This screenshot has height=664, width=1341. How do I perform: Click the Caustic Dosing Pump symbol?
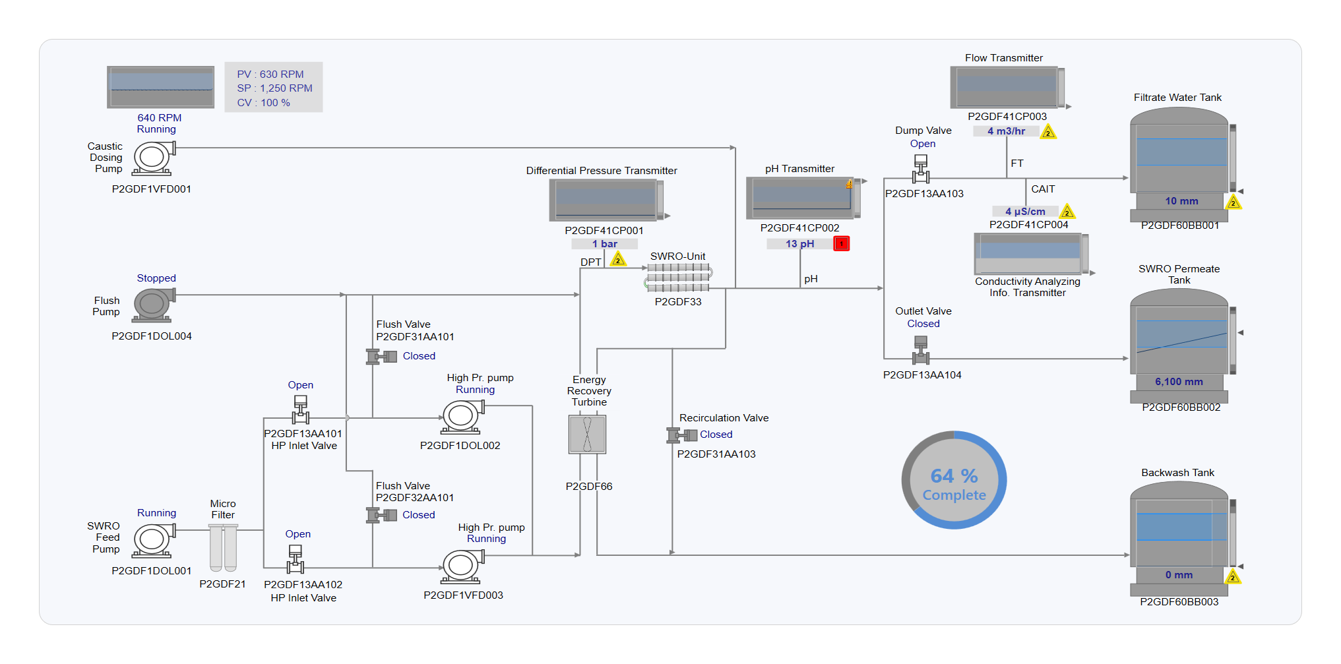(x=153, y=158)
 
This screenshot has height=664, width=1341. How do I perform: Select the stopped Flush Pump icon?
(x=153, y=305)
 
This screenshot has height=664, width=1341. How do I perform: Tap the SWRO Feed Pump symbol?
(x=153, y=540)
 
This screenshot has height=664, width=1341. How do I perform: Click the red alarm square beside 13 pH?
(x=841, y=244)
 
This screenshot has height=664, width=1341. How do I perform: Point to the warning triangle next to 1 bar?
(x=618, y=259)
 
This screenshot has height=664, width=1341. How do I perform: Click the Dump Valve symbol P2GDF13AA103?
(x=921, y=169)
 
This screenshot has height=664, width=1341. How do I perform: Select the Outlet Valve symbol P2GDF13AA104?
(x=921, y=350)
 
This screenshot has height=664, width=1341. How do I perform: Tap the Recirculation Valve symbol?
(x=682, y=435)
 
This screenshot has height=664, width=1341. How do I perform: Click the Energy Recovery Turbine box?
(x=587, y=435)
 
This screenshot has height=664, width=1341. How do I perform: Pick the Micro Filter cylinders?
(x=223, y=547)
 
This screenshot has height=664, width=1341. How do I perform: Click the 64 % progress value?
(x=954, y=476)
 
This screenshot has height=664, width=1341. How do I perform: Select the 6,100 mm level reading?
(x=1179, y=382)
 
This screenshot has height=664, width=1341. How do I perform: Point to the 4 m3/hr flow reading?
(x=1006, y=131)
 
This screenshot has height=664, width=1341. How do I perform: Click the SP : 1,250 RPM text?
(x=274, y=88)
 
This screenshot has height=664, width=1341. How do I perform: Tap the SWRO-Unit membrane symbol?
(x=678, y=278)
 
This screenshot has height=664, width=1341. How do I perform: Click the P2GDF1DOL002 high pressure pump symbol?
(x=462, y=417)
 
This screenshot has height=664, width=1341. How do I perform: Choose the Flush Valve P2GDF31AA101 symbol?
(x=381, y=357)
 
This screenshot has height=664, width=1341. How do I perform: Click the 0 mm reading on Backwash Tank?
(x=1179, y=575)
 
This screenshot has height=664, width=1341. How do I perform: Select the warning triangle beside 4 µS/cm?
(x=1067, y=212)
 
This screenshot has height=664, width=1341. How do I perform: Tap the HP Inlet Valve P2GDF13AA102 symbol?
(x=296, y=559)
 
